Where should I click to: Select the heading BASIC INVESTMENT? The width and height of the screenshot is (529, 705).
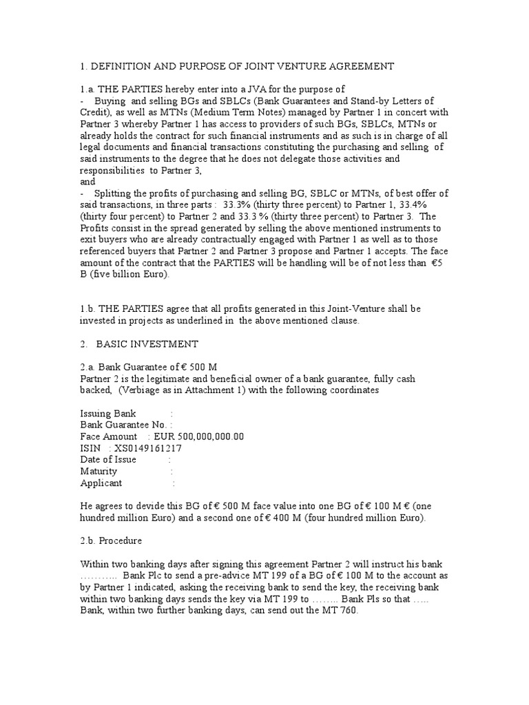tap(147, 344)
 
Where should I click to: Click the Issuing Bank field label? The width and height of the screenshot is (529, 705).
tap(114, 413)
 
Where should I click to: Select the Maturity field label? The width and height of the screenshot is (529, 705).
tap(101, 472)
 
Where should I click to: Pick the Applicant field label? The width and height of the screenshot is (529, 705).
tap(101, 483)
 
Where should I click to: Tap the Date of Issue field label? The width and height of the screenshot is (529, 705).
tap(109, 460)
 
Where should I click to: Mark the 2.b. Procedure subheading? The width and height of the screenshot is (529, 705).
tap(112, 541)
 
